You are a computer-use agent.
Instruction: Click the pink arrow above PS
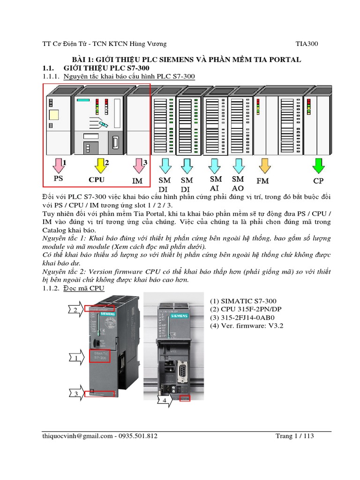pyautogui.click(x=58, y=165)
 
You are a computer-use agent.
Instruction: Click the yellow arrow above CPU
pyautogui.click(x=100, y=165)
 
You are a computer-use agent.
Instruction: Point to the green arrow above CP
pyautogui.click(x=319, y=165)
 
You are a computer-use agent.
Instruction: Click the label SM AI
pyautogui.click(x=215, y=183)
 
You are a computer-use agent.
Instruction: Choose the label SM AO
pyautogui.click(x=238, y=183)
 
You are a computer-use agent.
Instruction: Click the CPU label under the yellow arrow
pyautogui.click(x=97, y=180)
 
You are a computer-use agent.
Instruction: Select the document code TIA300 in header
pyautogui.click(x=307, y=44)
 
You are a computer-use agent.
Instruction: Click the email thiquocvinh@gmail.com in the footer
pyautogui.click(x=77, y=436)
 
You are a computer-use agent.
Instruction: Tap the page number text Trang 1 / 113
pyautogui.click(x=294, y=436)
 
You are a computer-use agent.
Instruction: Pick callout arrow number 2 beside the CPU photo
pyautogui.click(x=76, y=310)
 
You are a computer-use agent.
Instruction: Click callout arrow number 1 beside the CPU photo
pyautogui.click(x=76, y=359)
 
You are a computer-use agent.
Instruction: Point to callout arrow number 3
pyautogui.click(x=76, y=394)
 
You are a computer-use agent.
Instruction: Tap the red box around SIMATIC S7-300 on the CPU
pyautogui.click(x=99, y=356)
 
